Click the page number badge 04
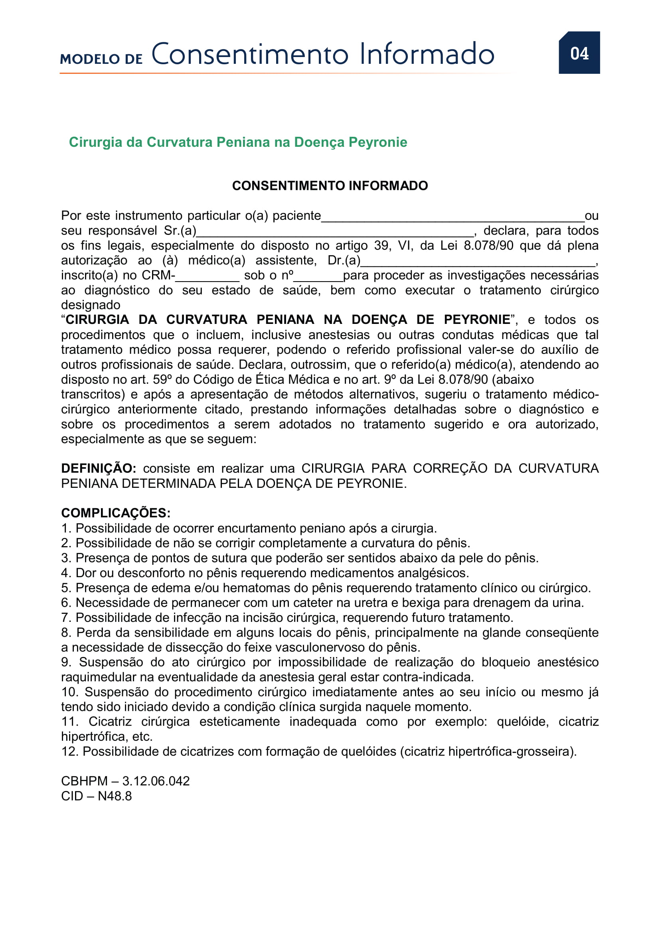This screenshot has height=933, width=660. pos(579,53)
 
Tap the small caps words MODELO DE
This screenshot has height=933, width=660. pos(101,59)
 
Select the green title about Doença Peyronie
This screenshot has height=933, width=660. pos(238,142)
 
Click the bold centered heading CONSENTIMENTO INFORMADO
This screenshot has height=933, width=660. pos(330,186)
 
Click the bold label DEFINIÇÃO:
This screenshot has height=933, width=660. pos(98,468)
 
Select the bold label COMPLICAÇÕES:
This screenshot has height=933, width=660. pos(116,513)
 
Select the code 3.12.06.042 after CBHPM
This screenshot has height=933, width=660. pos(156,781)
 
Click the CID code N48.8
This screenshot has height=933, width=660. pos(115,796)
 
